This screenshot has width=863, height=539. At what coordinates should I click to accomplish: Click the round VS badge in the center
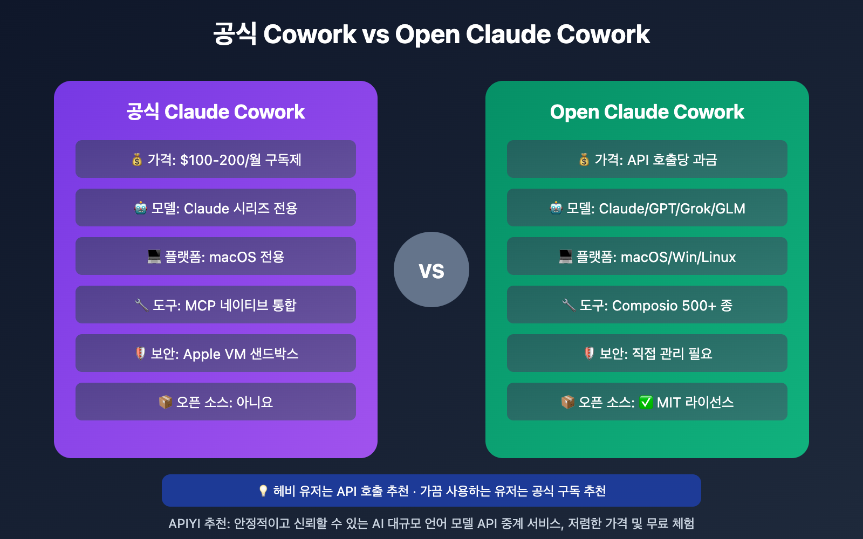click(432, 269)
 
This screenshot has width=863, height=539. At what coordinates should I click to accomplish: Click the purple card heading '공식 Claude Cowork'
click(216, 112)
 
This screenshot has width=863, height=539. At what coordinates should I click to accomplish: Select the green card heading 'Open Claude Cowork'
click(647, 112)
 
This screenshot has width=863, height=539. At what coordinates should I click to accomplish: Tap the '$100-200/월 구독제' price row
click(216, 160)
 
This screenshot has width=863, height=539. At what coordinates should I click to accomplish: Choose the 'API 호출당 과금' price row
click(647, 160)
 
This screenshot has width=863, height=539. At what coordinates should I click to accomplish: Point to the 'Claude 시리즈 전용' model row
click(216, 208)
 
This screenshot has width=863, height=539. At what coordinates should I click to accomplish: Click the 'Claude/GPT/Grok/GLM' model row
click(647, 208)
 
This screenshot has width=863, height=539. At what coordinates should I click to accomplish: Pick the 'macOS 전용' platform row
click(216, 257)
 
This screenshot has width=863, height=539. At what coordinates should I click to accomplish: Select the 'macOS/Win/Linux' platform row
click(647, 257)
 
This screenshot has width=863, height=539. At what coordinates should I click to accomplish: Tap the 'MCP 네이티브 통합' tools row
click(216, 305)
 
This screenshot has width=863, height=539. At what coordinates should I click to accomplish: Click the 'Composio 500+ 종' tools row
click(647, 305)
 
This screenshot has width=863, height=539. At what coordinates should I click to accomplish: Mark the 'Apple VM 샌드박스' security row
click(216, 354)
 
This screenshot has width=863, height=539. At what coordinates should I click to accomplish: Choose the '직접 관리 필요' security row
click(647, 354)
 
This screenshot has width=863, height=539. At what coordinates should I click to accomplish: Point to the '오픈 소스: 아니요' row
click(216, 402)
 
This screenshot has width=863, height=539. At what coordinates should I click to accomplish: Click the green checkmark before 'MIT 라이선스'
click(646, 403)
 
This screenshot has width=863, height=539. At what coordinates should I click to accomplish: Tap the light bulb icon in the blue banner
click(263, 491)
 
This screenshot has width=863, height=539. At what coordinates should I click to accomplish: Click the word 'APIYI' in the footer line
click(184, 523)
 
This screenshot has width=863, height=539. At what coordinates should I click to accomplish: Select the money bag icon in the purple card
click(137, 160)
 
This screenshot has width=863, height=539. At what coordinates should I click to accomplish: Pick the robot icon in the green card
click(556, 208)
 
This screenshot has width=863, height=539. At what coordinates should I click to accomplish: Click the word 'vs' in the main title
click(375, 35)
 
